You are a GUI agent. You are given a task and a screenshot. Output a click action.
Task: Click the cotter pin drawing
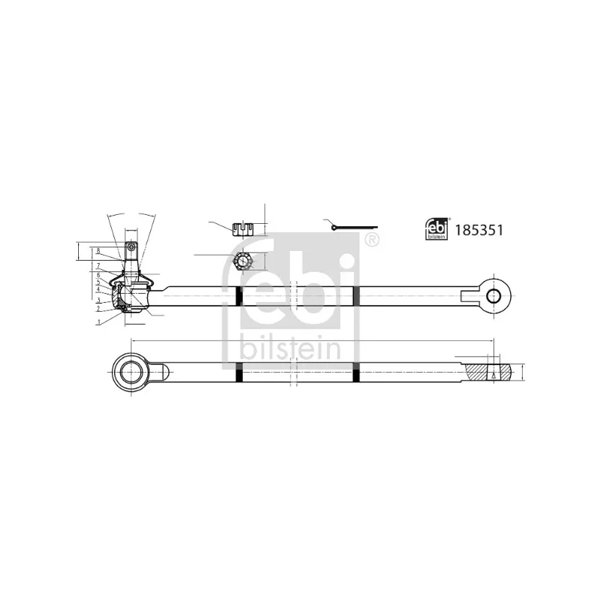(x=353, y=227)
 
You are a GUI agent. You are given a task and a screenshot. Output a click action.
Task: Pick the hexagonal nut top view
(x=243, y=261)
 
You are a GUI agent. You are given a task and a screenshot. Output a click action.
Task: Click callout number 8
(x=98, y=250)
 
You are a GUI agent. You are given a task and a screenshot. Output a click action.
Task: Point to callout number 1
(x=98, y=322)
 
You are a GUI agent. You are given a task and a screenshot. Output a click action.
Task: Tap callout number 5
(x=98, y=282)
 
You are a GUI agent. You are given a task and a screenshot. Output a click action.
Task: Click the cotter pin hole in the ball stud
(x=131, y=246)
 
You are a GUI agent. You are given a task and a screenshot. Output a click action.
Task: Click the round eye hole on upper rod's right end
(x=493, y=295)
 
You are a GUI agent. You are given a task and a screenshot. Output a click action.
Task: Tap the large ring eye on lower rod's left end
(x=134, y=371)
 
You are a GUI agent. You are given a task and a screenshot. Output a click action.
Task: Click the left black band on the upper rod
(x=238, y=296)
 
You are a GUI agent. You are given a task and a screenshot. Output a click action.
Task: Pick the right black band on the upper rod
(x=356, y=296)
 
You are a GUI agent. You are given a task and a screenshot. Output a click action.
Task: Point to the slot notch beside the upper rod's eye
(x=470, y=295)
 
